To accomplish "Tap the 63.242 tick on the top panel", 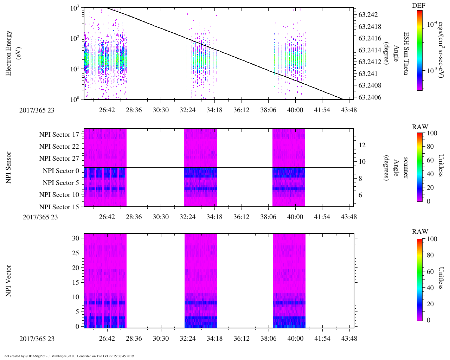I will (x=368, y=15).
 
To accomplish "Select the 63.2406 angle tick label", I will (x=369, y=97).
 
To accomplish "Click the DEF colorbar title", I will (x=419, y=6).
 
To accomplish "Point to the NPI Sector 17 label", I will (x=59, y=135).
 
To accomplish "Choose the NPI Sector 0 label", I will (x=61, y=171).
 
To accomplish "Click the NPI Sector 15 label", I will (x=59, y=207).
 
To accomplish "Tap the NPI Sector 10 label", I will (x=59, y=195).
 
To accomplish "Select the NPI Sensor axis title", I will (x=9, y=168).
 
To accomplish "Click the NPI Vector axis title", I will (x=9, y=281).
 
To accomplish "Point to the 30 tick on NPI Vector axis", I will (x=76, y=238).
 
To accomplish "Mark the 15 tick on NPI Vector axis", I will (x=76, y=282).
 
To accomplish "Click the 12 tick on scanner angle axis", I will (x=362, y=145).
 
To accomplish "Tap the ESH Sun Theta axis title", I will (x=406, y=53).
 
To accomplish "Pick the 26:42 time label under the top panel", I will (x=107, y=110).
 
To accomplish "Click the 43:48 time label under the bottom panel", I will (x=349, y=339).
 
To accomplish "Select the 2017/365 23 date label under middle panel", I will (x=40, y=217).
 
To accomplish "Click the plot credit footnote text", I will (x=69, y=356).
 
